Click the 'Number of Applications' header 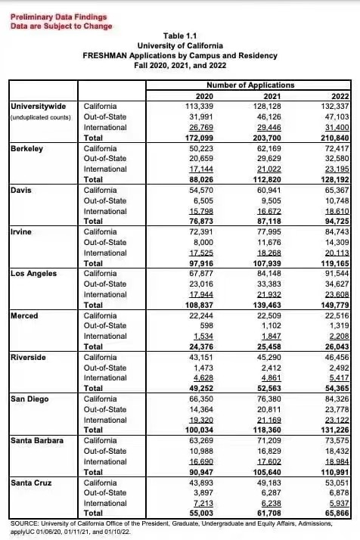250,85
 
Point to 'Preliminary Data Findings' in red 58,17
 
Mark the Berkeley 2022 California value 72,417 337,149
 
